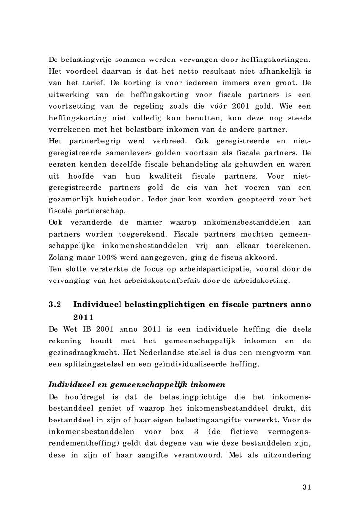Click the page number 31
(x=306, y=487)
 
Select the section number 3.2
(x=55, y=305)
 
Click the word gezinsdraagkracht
(x=80, y=352)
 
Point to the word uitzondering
(x=288, y=455)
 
